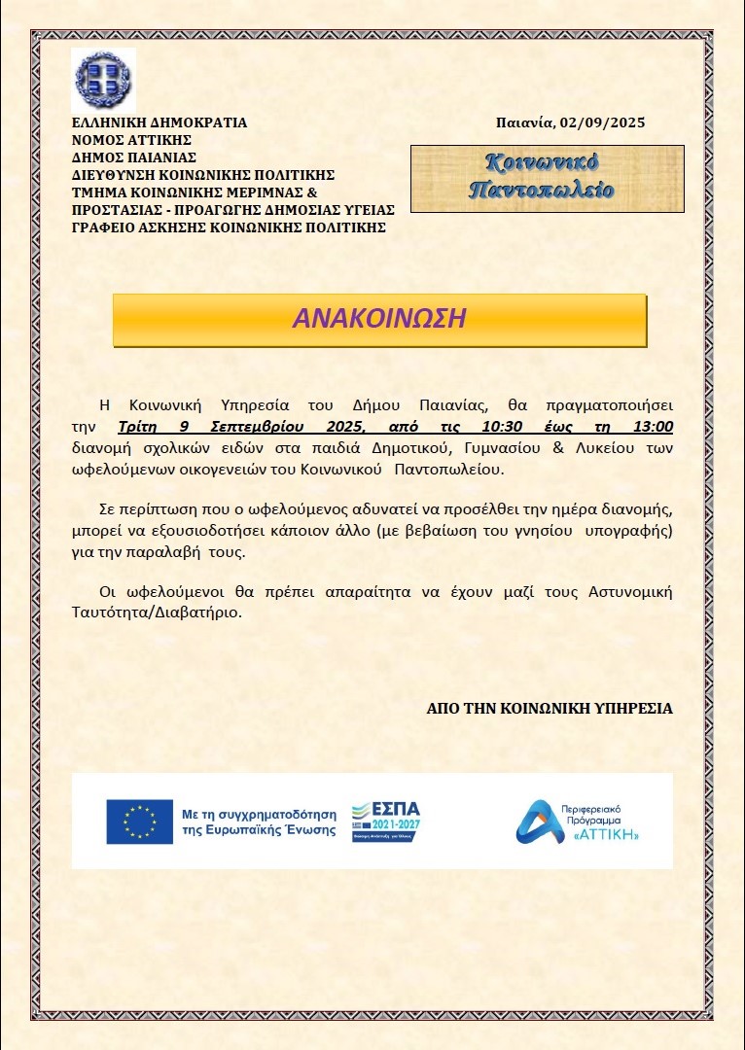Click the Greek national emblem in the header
[x=103, y=80]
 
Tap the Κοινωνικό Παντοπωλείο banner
[x=547, y=177]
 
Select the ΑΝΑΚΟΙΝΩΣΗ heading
[x=379, y=319]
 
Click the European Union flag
[x=139, y=822]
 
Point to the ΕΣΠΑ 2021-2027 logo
[x=386, y=822]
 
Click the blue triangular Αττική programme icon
[x=535, y=822]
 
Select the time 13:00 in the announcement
[x=651, y=427]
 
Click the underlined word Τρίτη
[x=136, y=427]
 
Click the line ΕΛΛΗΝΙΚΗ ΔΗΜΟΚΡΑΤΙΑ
[x=160, y=123]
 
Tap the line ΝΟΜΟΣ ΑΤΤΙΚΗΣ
[x=125, y=140]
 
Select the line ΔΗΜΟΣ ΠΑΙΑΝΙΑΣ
[x=134, y=157]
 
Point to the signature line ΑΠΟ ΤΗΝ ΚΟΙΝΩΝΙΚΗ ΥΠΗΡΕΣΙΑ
[x=550, y=709]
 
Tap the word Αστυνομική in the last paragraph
[x=631, y=592]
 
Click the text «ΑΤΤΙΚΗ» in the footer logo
[x=607, y=835]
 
